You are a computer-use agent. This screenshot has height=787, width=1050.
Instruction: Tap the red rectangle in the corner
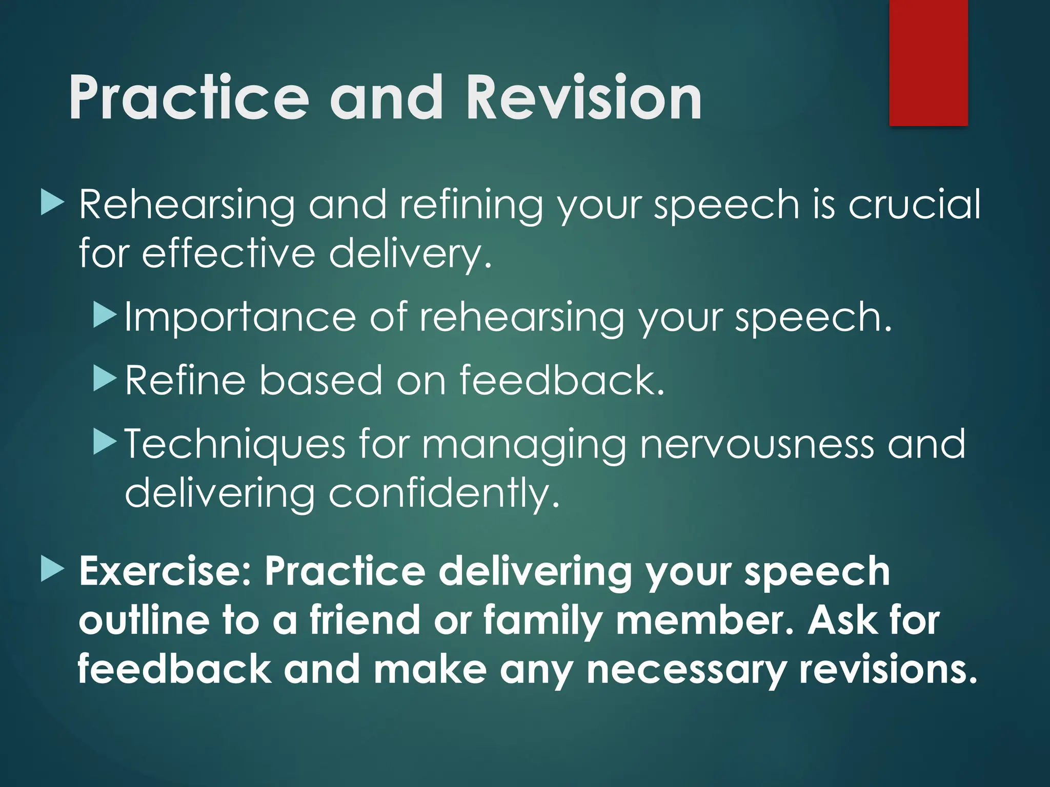[x=928, y=63]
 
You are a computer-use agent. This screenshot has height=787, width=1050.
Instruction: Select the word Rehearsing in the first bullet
[x=187, y=205]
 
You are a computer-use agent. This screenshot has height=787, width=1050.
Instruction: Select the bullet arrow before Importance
[x=106, y=316]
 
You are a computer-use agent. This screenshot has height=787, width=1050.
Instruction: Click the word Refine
[x=185, y=380]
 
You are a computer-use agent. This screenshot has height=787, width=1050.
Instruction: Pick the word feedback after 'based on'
[x=562, y=380]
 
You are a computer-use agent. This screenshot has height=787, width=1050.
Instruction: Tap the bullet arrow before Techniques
[x=106, y=442]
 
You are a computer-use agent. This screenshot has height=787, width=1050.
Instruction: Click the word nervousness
[x=757, y=444]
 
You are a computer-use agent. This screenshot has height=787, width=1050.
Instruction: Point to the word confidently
[x=444, y=493]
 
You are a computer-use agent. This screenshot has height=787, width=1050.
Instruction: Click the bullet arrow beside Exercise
[x=52, y=570]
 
